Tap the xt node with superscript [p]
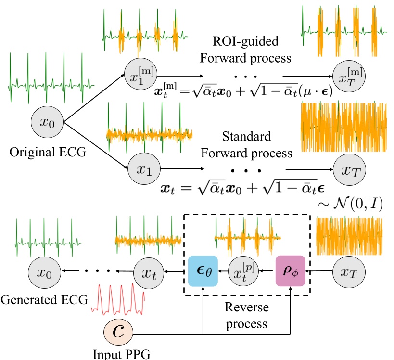[244, 271]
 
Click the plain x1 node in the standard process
[143, 169]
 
